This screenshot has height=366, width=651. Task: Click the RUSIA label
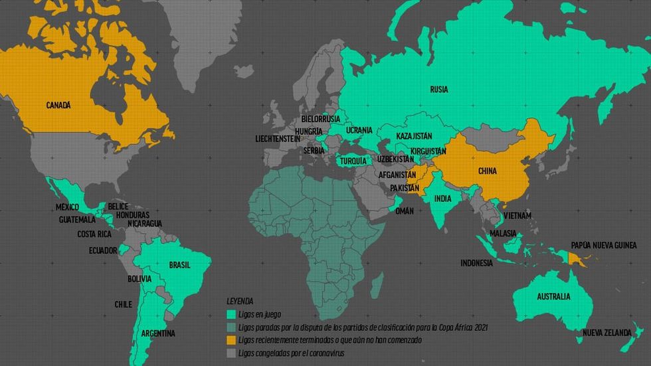pyautogui.click(x=438, y=89)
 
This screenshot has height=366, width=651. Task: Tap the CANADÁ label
pyautogui.click(x=58, y=105)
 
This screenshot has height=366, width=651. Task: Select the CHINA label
pyautogui.click(x=488, y=171)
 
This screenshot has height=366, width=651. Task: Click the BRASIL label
pyautogui.click(x=179, y=264)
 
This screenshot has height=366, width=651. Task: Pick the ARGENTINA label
pyautogui.click(x=157, y=333)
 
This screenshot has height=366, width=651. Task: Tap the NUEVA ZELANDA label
pyautogui.click(x=606, y=332)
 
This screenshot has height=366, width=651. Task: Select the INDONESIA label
pyautogui.click(x=477, y=263)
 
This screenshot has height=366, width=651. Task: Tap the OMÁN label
pyautogui.click(x=404, y=211)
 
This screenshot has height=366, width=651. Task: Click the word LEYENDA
pyautogui.click(x=240, y=301)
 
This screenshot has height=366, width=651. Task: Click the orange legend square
pyautogui.click(x=231, y=340)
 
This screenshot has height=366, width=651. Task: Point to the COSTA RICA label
pyautogui.click(x=94, y=234)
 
